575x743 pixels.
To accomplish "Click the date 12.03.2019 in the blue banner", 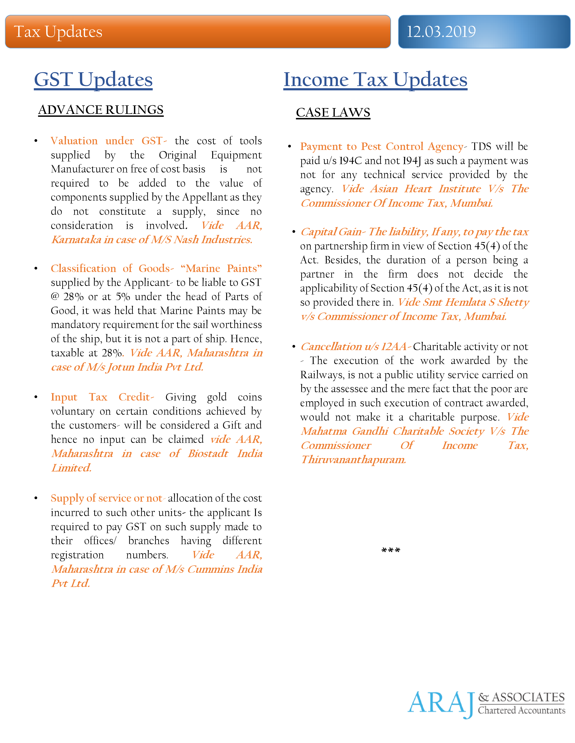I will (x=441, y=32).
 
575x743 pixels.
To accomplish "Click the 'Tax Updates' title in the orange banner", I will (x=58, y=32).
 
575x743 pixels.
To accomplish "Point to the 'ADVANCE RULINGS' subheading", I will (x=101, y=110).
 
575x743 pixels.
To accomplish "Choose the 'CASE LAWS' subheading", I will (x=333, y=113).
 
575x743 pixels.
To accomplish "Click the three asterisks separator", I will (x=391, y=550).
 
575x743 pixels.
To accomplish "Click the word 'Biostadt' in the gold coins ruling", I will (x=208, y=453).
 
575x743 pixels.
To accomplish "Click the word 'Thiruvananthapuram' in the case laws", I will (x=353, y=460).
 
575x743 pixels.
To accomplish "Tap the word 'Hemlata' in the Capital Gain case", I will (x=465, y=302).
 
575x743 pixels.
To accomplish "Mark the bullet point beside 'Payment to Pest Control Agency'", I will (x=290, y=147).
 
